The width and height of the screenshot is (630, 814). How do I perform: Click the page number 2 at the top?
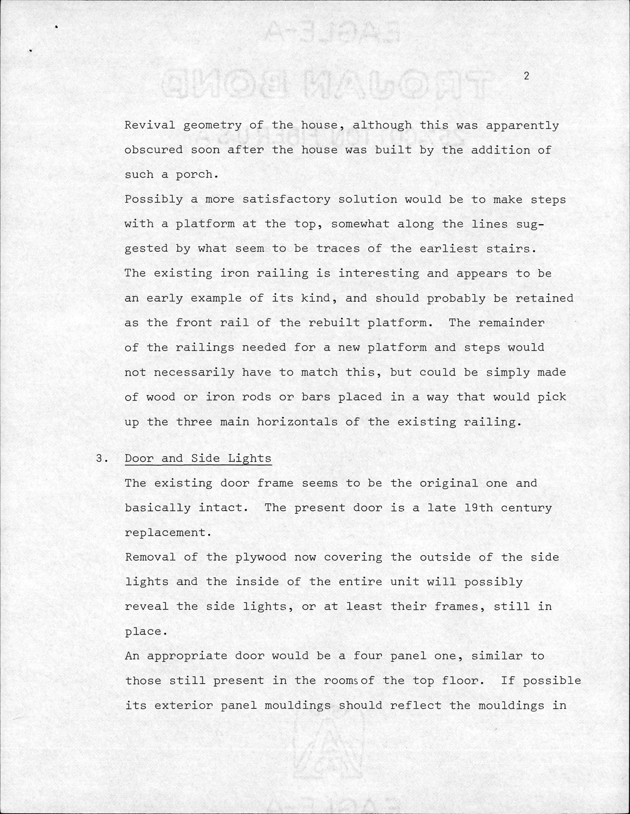click(x=526, y=76)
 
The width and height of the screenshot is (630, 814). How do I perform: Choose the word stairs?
click(x=510, y=249)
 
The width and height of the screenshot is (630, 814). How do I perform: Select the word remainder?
click(x=511, y=322)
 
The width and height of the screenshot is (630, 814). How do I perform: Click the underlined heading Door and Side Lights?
click(x=198, y=458)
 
